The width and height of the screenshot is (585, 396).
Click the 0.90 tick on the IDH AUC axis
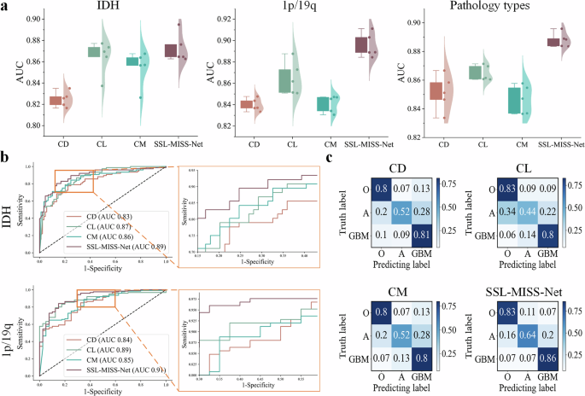(38, 19)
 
